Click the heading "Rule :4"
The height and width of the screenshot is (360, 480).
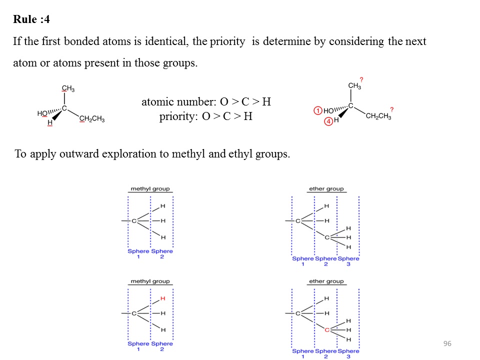click(x=31, y=19)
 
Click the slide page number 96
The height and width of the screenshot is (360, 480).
click(x=447, y=343)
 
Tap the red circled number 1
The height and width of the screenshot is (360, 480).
click(x=317, y=110)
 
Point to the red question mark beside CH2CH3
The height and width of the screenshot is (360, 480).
click(x=391, y=109)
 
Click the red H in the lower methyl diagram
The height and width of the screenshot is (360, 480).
click(x=163, y=298)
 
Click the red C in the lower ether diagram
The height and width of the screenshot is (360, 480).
click(x=326, y=330)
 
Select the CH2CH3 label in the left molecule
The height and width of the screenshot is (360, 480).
click(x=91, y=118)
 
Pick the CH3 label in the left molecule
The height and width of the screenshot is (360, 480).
click(x=68, y=89)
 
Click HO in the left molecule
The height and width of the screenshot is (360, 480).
click(x=42, y=113)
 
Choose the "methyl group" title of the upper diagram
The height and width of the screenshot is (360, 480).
click(x=150, y=189)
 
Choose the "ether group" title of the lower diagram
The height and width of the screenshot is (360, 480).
click(x=326, y=281)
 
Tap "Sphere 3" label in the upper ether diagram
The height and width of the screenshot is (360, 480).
click(x=348, y=261)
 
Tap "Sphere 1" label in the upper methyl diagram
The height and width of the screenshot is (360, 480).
click(x=138, y=254)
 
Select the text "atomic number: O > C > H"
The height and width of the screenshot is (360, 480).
click(x=206, y=102)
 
